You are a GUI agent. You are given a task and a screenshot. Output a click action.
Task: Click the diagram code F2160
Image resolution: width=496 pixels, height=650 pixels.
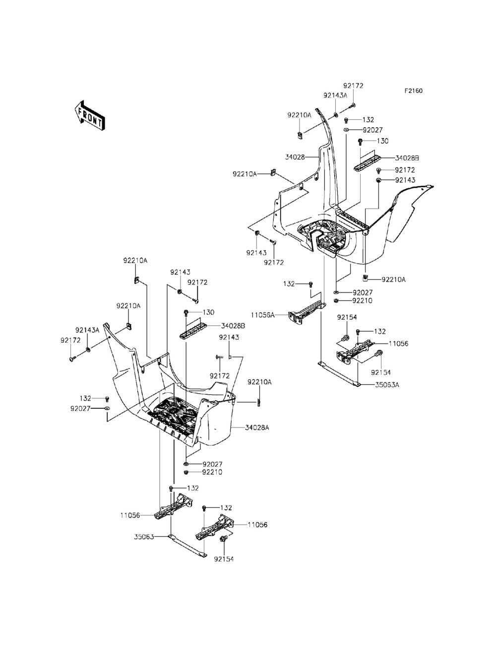413,91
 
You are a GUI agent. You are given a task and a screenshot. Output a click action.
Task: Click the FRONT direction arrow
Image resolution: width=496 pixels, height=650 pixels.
89,116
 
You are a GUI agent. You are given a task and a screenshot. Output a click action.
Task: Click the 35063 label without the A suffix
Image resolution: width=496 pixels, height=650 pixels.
144,536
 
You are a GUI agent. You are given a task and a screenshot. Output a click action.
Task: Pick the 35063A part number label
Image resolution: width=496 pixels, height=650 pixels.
386,384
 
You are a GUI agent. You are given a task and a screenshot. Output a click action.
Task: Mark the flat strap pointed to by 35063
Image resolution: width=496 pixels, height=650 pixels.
188,546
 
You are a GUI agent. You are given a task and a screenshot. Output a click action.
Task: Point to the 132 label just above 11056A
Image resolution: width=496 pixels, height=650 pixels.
290,284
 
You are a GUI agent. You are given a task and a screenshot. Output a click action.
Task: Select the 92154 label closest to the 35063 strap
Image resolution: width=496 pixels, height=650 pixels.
224,559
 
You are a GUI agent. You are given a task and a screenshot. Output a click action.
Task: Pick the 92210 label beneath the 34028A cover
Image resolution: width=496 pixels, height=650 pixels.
212,472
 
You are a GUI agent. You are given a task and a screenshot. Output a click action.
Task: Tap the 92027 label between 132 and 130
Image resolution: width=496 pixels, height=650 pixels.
372,130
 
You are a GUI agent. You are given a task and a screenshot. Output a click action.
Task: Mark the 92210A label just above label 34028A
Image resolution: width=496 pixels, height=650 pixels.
259,382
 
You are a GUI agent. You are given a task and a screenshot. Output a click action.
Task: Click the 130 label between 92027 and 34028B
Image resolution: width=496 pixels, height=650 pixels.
382,141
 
